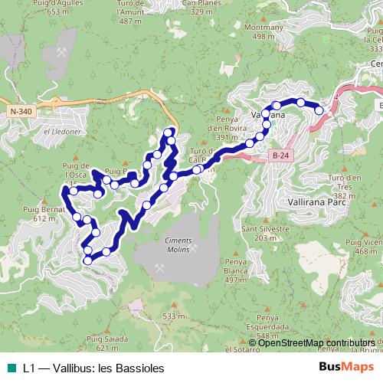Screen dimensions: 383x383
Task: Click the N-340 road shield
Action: (x=22, y=133)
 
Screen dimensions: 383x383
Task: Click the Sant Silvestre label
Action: (x=265, y=229)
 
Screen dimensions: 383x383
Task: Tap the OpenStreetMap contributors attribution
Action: (x=316, y=343)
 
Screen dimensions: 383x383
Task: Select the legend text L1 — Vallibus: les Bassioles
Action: (x=93, y=368)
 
